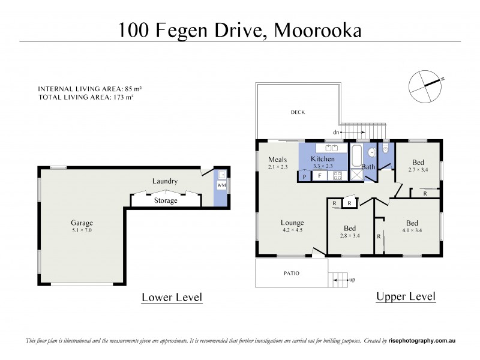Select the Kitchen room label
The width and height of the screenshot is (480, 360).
pos(323,158)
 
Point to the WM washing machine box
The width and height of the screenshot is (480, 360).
pos(221,186)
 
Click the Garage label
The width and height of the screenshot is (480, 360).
pos(82,223)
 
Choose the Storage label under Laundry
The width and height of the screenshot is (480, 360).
pos(165,200)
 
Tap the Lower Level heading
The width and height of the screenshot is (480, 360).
pos(171,297)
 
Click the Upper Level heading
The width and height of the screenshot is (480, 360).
pos(405,296)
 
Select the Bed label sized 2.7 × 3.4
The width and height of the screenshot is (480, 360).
pos(418,162)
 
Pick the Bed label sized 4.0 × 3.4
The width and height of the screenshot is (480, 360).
pos(412,221)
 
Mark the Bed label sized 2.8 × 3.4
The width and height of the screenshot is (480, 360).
pos(349,228)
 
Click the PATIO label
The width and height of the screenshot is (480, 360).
pos(291,274)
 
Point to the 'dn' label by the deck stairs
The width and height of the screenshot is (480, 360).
pos(337,131)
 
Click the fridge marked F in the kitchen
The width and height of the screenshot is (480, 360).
pos(320,176)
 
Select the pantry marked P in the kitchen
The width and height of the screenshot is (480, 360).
pos(305,177)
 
